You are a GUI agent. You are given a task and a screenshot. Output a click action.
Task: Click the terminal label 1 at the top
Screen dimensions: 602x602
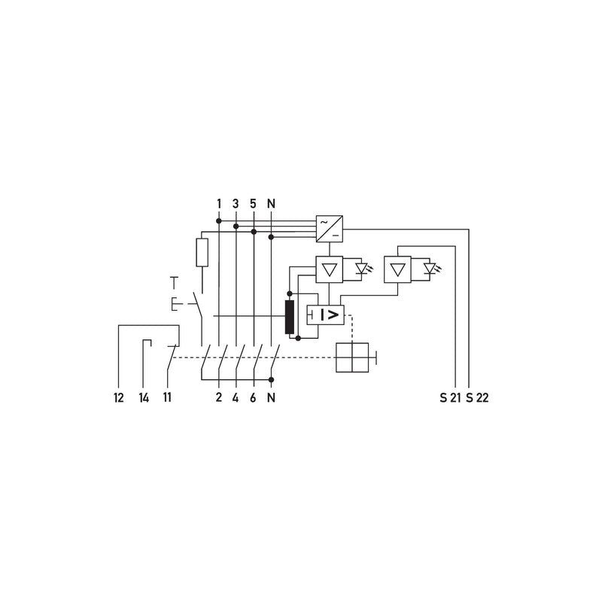pos(219,203)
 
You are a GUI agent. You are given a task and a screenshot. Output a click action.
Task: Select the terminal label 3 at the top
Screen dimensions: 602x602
pos(236,203)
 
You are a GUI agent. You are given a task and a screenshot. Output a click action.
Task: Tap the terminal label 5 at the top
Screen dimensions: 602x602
pos(253,203)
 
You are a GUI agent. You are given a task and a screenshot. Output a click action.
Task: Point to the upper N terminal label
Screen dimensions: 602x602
pos(271,203)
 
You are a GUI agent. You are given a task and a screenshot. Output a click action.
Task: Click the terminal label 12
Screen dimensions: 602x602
pos(119,398)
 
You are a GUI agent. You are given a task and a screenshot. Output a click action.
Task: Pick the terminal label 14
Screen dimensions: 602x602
pos(144,398)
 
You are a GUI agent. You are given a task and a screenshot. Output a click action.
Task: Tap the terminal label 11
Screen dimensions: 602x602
pos(167,397)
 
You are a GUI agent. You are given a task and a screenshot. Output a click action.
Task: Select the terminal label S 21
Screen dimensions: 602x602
pos(450,398)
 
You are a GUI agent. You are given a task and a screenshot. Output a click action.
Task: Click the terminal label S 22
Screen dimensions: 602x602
pos(477,398)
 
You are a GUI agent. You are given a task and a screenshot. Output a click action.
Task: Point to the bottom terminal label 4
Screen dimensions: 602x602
pos(236,398)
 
